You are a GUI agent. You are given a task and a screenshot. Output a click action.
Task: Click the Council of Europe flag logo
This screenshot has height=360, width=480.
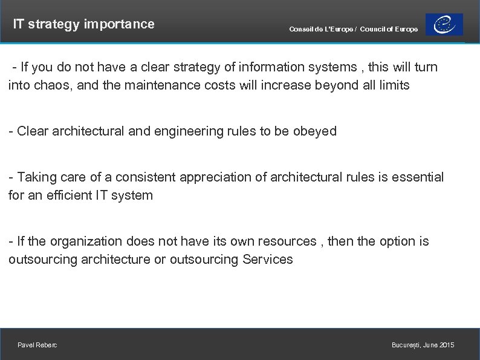coord(444,25)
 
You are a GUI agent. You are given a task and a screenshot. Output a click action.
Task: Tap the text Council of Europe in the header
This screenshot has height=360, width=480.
coord(389,30)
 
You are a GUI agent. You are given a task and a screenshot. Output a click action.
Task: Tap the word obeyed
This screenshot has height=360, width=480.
coord(314,131)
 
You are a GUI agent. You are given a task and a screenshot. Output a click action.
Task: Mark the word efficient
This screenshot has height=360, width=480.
coord(71,195)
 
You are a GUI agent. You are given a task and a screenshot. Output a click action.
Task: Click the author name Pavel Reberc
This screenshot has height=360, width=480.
coord(37,345)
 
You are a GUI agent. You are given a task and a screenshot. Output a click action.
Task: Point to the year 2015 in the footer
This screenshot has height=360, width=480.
coord(447,345)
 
